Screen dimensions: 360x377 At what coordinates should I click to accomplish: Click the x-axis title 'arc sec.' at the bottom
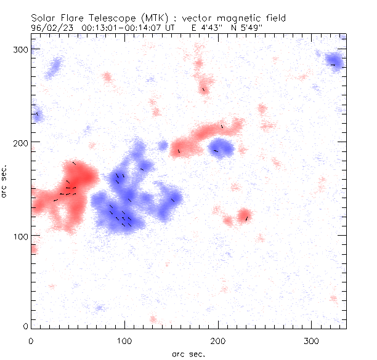click(x=188, y=353)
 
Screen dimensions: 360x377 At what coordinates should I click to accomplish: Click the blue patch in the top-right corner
click(x=334, y=62)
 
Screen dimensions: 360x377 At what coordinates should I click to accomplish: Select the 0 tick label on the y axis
click(x=24, y=326)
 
